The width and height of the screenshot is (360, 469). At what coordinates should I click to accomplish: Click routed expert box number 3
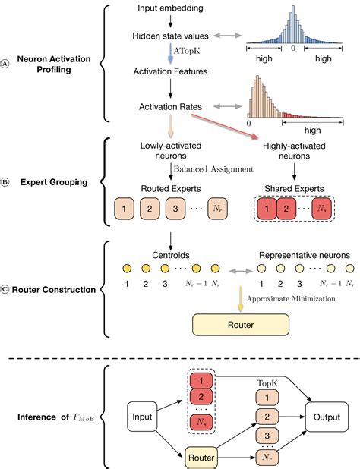coord(174,207)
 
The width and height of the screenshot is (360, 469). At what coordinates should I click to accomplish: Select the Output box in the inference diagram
coord(327,417)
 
